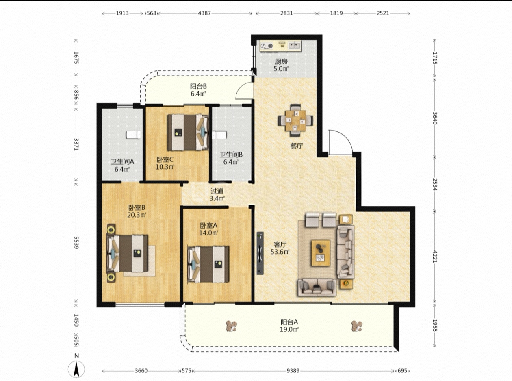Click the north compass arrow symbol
[76, 369]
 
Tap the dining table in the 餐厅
[295, 121]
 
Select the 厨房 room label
[281, 61]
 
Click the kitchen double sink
[294, 45]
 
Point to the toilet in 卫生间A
[133, 135]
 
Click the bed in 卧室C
[188, 133]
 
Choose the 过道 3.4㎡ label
[217, 194]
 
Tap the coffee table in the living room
[321, 253]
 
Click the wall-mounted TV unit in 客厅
[260, 253]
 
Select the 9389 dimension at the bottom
[293, 370]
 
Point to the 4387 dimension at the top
[204, 13]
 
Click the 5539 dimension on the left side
[76, 243]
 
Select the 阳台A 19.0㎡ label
[289, 326]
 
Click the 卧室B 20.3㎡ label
[137, 211]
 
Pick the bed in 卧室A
[208, 264]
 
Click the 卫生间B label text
[231, 155]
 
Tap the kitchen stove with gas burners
[267, 46]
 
